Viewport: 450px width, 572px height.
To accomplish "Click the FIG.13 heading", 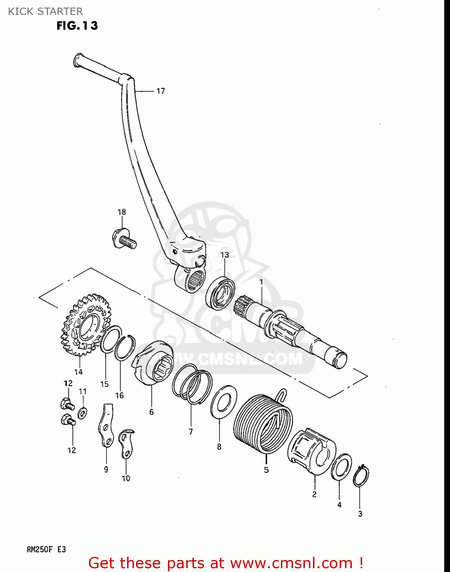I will (77, 26).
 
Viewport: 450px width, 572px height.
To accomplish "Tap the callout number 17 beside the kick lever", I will (161, 91).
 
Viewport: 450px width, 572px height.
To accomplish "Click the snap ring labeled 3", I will (361, 476).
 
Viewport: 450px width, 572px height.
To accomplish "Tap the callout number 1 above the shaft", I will (261, 282).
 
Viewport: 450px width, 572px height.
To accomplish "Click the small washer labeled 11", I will (82, 412).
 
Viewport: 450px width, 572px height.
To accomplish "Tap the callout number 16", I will (119, 395).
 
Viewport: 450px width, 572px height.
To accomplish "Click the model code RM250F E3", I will (46, 550).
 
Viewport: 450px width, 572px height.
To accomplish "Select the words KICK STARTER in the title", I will (45, 11).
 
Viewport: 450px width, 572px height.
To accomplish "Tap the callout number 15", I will (105, 384).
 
